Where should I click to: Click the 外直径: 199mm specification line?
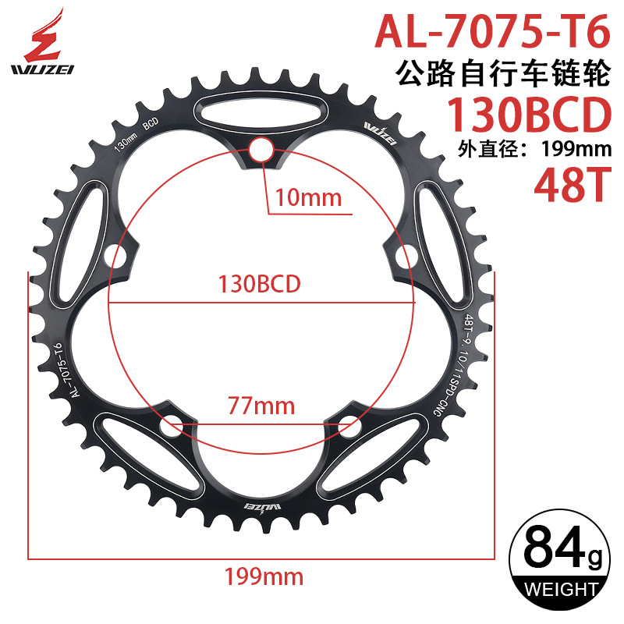(531, 151)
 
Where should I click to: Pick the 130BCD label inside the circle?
(261, 283)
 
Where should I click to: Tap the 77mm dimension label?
(261, 406)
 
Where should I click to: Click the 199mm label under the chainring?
(263, 577)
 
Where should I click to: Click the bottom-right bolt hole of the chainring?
(352, 426)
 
